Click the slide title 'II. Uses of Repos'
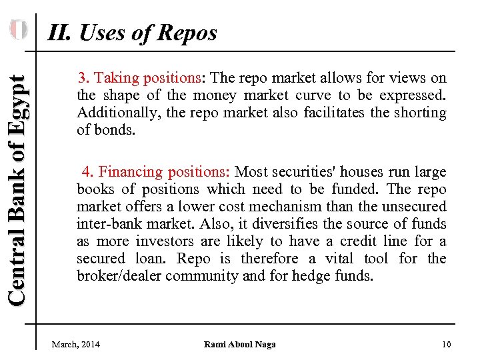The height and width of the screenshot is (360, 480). tap(132, 32)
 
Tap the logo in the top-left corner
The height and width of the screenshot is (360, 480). tap(18, 30)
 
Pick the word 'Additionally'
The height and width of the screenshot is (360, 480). tap(117, 113)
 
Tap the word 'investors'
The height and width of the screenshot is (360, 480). tap(159, 241)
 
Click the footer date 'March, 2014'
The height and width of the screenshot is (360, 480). tap(76, 344)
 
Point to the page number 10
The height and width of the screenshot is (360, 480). tap(446, 344)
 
